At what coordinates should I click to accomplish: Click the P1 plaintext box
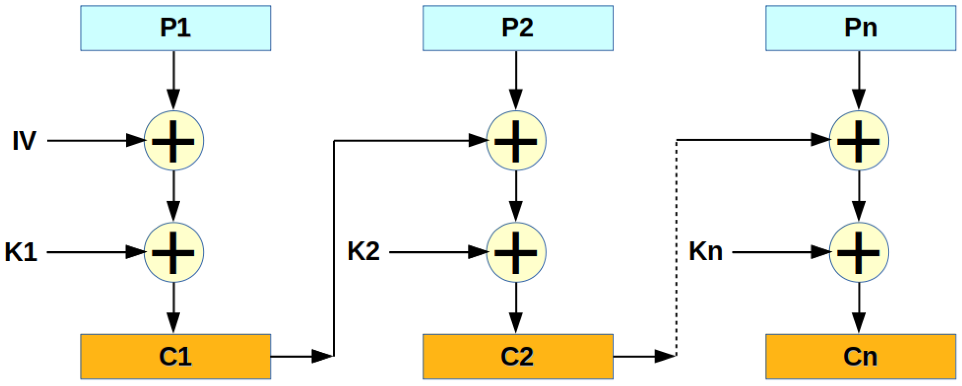pos(176,28)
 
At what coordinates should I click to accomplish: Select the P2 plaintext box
pos(518,28)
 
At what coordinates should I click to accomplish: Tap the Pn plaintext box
pos(861,28)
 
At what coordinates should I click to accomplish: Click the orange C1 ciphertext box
pos(176,357)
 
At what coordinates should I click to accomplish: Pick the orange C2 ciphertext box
pos(518,357)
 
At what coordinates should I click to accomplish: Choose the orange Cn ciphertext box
pos(861,357)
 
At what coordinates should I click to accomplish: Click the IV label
pos(24,141)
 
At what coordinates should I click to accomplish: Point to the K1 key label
pos(21,252)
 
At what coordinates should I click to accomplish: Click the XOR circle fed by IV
pos(174,141)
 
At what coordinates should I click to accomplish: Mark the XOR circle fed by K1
pos(174,252)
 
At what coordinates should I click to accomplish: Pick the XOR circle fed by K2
pos(516,252)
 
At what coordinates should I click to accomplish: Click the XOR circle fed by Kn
pos(859,252)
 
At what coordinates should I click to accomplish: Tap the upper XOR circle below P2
pos(516,141)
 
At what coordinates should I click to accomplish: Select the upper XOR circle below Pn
pos(859,141)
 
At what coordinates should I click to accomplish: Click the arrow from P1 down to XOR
pos(174,80)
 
